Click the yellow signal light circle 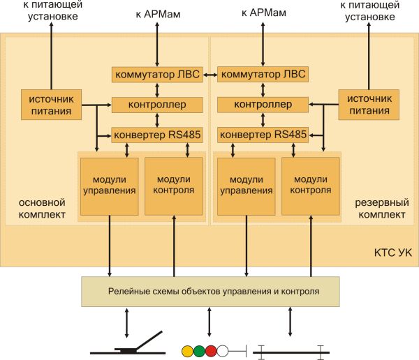(187, 351)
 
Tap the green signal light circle (199, 351)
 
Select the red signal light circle (211, 351)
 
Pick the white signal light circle (223, 351)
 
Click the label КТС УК (392, 253)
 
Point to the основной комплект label (42, 209)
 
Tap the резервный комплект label (382, 209)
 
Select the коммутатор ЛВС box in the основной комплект (157, 75)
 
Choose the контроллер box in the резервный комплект (263, 105)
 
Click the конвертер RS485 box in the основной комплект (157, 135)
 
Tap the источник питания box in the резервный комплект (369, 105)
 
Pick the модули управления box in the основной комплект (110, 186)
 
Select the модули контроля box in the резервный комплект (311, 186)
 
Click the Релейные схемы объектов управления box (211, 292)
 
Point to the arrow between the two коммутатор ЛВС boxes (210, 75)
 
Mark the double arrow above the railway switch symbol (126, 323)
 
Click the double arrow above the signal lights (209, 322)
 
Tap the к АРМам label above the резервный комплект (264, 13)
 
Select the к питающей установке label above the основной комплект (52, 10)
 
